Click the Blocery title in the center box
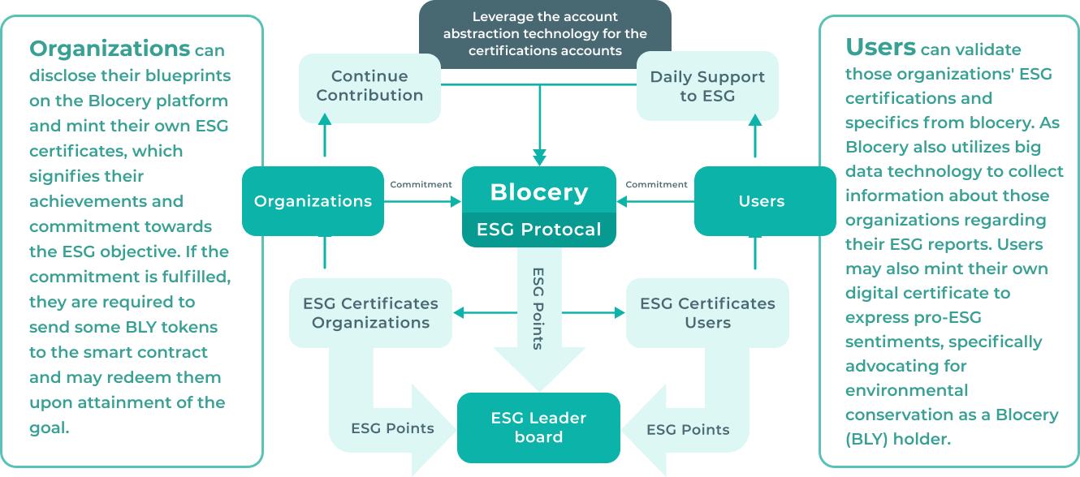pos(539,193)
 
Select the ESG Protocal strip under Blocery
pos(539,230)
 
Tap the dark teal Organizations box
pos(313,201)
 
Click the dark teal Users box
pos(762,201)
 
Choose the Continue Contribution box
pos(369,86)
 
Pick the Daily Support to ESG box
pos(707,86)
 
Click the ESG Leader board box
pos(538,428)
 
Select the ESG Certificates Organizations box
pos(370,313)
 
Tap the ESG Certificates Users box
pos(707,313)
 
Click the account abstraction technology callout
pos(545,34)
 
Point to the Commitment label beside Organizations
pos(421,184)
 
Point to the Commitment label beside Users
pos(657,184)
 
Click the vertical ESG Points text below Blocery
pos(538,308)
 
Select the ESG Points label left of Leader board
pos(392,428)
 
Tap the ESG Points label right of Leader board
pos(688,429)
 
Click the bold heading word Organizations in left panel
pos(110,49)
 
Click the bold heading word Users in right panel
pos(880,47)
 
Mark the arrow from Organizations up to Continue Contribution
pos(325,135)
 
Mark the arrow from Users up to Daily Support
pos(755,135)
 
